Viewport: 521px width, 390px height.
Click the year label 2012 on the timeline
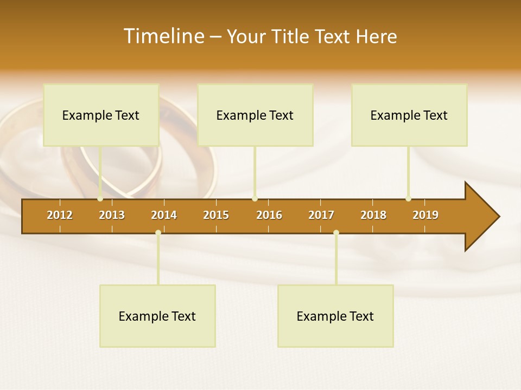tap(60, 215)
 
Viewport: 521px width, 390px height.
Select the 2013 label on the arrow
tap(112, 215)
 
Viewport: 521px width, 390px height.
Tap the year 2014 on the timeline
tap(164, 215)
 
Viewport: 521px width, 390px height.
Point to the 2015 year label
tap(216, 215)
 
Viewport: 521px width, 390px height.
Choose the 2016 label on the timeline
tap(269, 215)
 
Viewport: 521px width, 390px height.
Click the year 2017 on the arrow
tap(321, 215)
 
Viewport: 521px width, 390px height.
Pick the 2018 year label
tap(373, 215)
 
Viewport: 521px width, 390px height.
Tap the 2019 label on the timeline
tap(425, 215)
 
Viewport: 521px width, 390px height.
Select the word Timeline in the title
tap(163, 36)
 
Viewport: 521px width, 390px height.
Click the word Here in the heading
tap(376, 36)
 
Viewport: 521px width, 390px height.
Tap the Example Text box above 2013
tap(101, 115)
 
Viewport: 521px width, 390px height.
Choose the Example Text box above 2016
tap(255, 115)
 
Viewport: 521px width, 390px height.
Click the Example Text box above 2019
tap(409, 115)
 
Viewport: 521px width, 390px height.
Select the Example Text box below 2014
tap(157, 316)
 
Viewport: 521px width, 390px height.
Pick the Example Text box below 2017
tap(335, 316)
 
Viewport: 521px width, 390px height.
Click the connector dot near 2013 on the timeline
tap(100, 199)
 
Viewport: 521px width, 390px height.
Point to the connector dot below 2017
tap(336, 233)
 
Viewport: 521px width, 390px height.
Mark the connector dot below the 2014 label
tap(158, 233)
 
